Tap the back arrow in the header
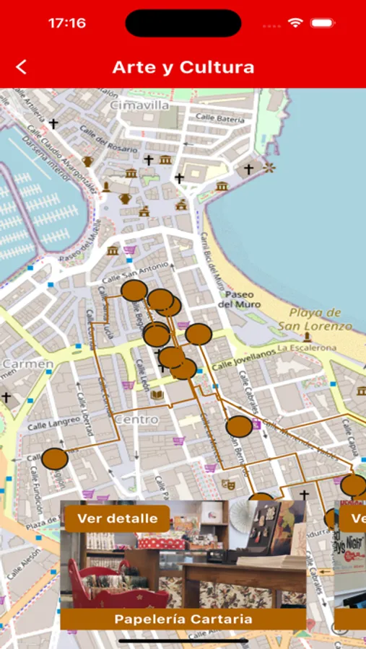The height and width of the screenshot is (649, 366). coord(22,67)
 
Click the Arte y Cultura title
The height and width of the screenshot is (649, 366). coord(183,67)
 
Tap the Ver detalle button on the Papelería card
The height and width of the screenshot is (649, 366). coord(117,518)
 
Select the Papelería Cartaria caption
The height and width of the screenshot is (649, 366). coord(183,619)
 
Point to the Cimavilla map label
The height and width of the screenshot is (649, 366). coord(139,105)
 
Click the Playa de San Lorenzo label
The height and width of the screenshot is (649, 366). coord(315,319)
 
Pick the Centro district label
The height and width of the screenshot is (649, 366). coord(136,419)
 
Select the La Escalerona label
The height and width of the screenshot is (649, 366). coord(307,348)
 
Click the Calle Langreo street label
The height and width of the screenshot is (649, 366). coord(53,423)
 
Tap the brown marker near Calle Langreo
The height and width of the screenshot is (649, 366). coord(54,459)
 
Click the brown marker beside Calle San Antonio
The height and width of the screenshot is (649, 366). coord(134,291)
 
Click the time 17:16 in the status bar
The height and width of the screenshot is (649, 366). coord(66,23)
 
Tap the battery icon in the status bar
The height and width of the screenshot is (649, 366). coord(323,23)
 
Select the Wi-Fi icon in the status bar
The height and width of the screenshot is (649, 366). coord(295,23)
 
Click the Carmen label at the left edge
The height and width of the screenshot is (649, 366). coord(27,364)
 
